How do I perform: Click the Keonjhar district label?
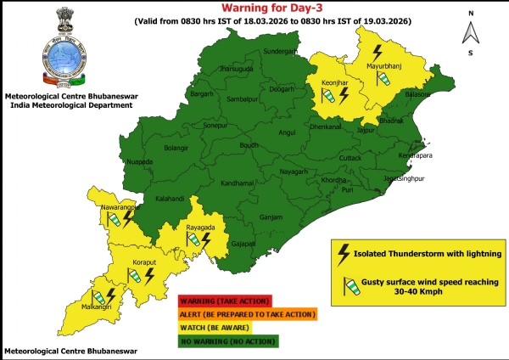click(333, 82)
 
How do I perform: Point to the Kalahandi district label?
click(171, 198)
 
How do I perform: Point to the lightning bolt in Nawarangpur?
click(128, 218)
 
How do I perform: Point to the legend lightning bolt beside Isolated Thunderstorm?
click(344, 252)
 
